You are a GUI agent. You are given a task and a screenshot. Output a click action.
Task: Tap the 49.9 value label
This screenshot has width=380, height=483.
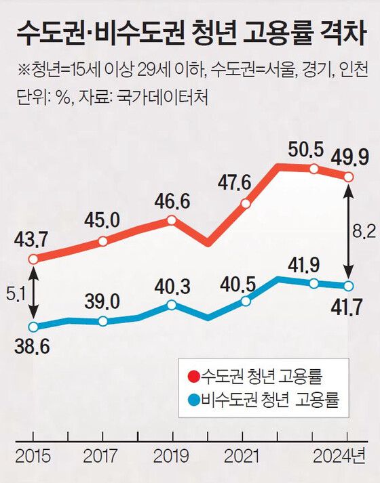click(x=349, y=158)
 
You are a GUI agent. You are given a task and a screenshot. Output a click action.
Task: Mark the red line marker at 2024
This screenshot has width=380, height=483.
click(x=349, y=177)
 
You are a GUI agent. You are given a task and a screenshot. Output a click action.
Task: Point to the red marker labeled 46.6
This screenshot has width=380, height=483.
click(x=171, y=219)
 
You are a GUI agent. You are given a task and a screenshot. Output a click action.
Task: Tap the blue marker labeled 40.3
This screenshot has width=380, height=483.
click(x=171, y=306)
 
